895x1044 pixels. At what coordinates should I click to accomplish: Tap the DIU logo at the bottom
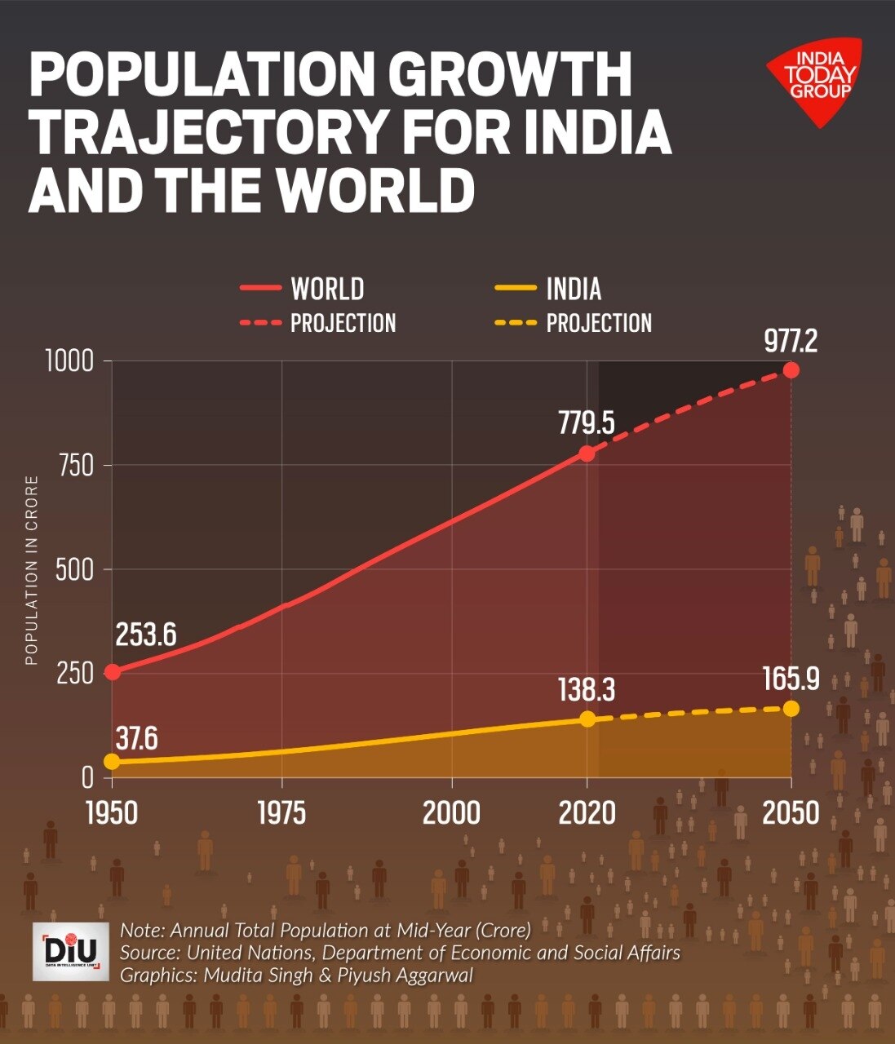[x=71, y=952]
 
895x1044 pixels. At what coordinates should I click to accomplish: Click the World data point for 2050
[x=791, y=369]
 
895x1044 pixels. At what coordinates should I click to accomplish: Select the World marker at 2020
[x=587, y=453]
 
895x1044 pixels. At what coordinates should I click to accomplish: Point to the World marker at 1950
[x=113, y=672]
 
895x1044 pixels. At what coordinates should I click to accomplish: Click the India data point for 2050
[x=791, y=708]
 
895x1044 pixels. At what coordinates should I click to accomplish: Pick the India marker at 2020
[x=587, y=719]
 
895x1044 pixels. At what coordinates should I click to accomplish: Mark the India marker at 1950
[x=113, y=762]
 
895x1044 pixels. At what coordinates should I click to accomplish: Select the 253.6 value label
[x=146, y=635]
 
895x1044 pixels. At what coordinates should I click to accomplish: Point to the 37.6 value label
[x=136, y=738]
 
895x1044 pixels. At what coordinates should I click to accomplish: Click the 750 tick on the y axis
[x=75, y=465]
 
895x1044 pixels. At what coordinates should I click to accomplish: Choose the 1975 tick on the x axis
[x=281, y=813]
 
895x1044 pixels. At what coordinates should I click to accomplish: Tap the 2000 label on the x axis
[x=451, y=813]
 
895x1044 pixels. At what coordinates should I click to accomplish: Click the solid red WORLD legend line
[x=260, y=289]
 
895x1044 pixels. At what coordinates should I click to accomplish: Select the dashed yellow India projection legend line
[x=516, y=323]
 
